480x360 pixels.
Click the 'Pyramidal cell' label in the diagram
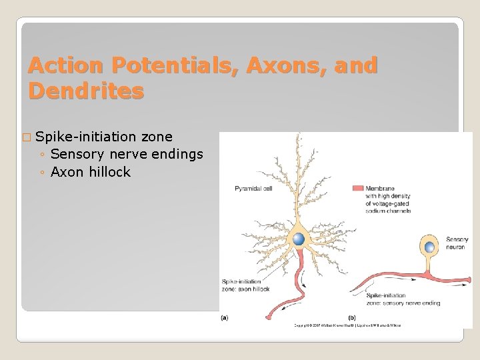tap(253, 189)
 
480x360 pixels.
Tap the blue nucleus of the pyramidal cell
tap(299, 239)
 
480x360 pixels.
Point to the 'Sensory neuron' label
tap(457, 243)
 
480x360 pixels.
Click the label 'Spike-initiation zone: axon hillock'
tap(245, 285)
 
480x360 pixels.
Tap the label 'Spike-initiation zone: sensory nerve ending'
tap(403, 299)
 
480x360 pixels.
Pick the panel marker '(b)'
tap(353, 318)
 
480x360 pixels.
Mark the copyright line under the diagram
tap(347, 325)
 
